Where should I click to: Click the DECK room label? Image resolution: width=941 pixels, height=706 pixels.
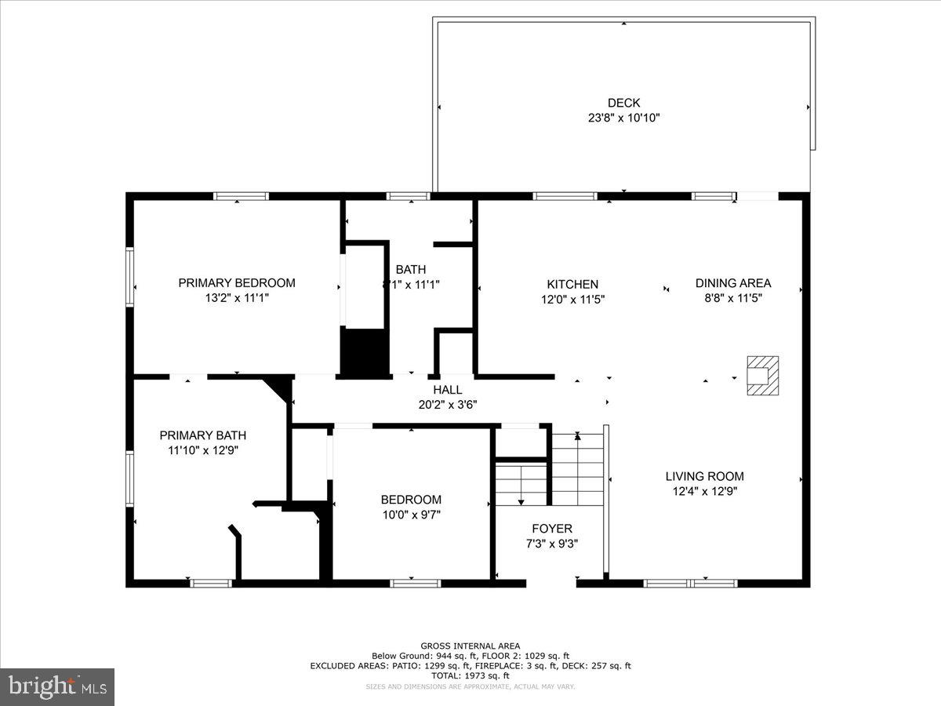point(623,103)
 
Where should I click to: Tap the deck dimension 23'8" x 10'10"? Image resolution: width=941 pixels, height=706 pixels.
point(623,118)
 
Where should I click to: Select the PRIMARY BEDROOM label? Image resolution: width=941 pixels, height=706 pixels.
point(237,283)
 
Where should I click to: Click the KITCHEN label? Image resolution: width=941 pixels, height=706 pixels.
point(572,284)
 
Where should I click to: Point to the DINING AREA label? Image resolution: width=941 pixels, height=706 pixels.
point(733,283)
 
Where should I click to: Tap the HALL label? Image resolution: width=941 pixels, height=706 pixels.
point(447,390)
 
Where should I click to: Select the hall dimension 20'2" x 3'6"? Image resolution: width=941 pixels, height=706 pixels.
point(447,405)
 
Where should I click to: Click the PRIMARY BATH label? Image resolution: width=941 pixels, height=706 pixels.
point(203,435)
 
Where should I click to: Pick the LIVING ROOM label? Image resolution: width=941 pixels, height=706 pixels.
point(704,476)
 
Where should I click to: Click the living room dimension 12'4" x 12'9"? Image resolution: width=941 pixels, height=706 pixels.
point(704,491)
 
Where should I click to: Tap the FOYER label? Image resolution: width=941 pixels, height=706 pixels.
point(552,529)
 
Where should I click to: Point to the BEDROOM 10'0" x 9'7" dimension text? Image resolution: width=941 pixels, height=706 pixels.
point(411,515)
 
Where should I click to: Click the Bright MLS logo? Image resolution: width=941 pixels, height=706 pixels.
point(57,686)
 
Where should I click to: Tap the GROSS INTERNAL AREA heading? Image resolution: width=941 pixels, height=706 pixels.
point(470,646)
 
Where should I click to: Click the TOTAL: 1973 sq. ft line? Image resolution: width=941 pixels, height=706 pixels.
point(470,675)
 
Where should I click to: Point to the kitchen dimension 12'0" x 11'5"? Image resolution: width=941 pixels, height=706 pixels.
point(572,299)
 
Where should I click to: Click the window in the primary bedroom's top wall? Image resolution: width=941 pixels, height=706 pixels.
point(242,196)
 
